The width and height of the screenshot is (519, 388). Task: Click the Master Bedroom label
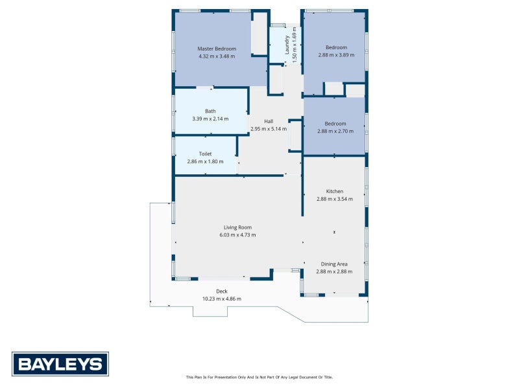[x=217, y=49]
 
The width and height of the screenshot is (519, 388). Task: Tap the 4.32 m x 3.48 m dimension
[x=217, y=56]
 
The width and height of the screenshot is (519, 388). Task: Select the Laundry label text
[x=287, y=45]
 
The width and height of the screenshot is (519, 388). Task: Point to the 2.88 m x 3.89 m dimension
[x=336, y=55]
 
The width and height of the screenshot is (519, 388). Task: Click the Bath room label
[x=210, y=111]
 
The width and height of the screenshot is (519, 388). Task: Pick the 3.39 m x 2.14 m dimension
[x=210, y=119]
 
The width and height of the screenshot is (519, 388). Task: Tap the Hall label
[x=269, y=121]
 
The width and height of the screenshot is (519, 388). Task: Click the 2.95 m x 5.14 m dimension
[x=269, y=129]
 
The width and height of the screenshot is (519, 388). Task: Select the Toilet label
[x=205, y=154]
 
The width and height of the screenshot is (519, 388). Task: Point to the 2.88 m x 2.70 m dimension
[x=335, y=131]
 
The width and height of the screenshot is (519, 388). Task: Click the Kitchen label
[x=335, y=191]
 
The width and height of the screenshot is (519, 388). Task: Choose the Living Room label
[x=237, y=227]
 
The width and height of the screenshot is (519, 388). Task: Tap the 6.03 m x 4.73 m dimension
[x=237, y=235]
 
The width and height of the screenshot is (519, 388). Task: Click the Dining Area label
[x=334, y=264]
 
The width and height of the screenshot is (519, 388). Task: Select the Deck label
[x=222, y=291]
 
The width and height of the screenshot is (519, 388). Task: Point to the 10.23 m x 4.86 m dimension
[x=222, y=299]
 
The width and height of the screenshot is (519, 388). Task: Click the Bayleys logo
[x=60, y=364]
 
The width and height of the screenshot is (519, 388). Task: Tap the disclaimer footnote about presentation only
[x=259, y=377]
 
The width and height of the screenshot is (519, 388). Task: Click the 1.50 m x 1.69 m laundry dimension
[x=295, y=45]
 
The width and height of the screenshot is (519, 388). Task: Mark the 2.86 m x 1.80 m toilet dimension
[x=205, y=161]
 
